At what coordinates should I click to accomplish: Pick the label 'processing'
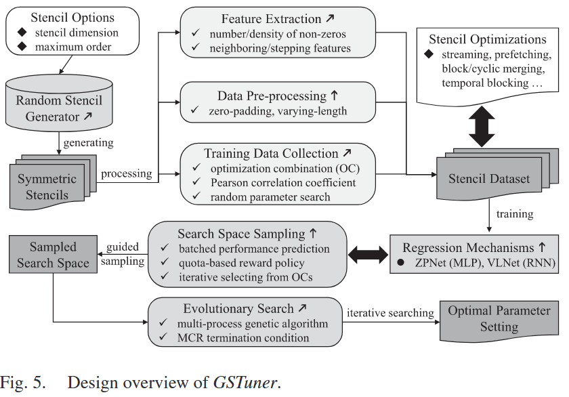pyautogui.click(x=127, y=173)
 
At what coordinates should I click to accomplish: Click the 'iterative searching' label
pyautogui.click(x=389, y=312)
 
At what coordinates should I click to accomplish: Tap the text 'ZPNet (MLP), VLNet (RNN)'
pyautogui.click(x=485, y=262)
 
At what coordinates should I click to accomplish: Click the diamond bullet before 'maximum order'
pyautogui.click(x=22, y=47)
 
